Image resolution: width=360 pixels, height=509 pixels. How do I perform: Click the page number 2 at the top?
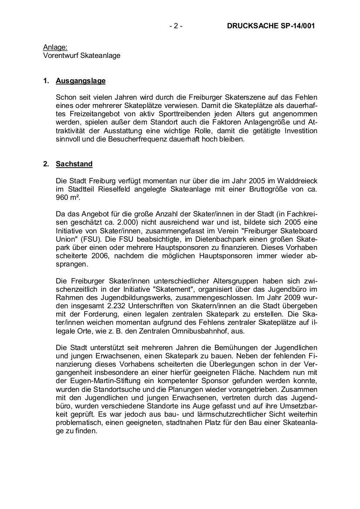(x=176, y=26)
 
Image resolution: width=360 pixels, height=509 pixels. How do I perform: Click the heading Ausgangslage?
(x=81, y=81)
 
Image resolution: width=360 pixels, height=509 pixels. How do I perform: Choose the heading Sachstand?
(x=74, y=165)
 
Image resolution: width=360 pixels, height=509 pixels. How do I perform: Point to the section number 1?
(x=45, y=81)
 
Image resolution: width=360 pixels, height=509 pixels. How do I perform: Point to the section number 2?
(x=45, y=165)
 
